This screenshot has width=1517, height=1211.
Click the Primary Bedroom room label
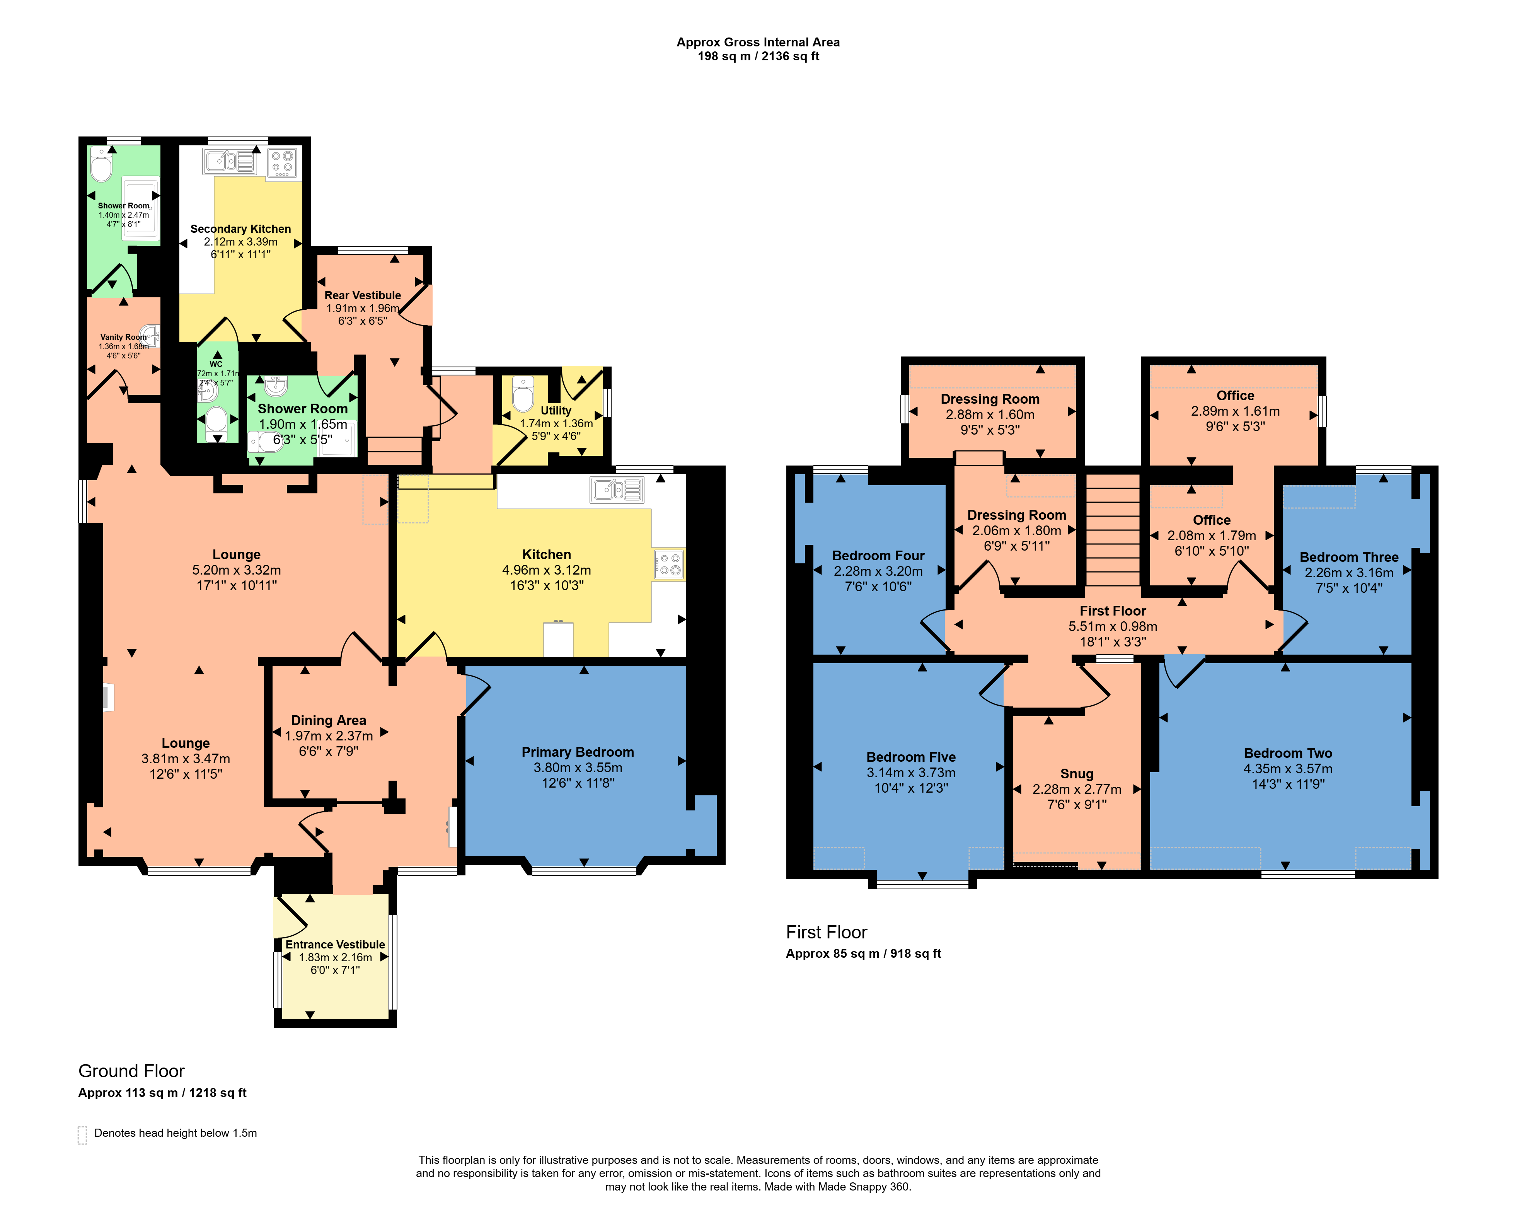(x=578, y=752)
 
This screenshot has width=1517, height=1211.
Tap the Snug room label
(x=1077, y=774)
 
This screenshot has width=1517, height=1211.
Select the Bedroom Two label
(x=1288, y=754)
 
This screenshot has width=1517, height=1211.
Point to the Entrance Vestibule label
(x=335, y=944)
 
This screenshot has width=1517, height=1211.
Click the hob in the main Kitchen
(x=668, y=565)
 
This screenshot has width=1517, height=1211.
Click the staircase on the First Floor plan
(x=1112, y=529)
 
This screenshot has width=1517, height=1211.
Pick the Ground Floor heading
(x=131, y=1071)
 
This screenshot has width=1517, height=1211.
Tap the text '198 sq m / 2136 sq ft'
(x=758, y=56)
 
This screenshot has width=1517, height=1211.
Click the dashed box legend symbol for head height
(x=82, y=1135)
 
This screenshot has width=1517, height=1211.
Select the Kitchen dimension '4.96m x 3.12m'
(x=547, y=570)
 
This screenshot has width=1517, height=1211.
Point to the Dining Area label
(x=329, y=721)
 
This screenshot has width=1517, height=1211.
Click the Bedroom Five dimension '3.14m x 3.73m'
(x=911, y=773)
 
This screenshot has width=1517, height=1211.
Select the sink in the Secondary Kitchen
(x=229, y=161)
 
